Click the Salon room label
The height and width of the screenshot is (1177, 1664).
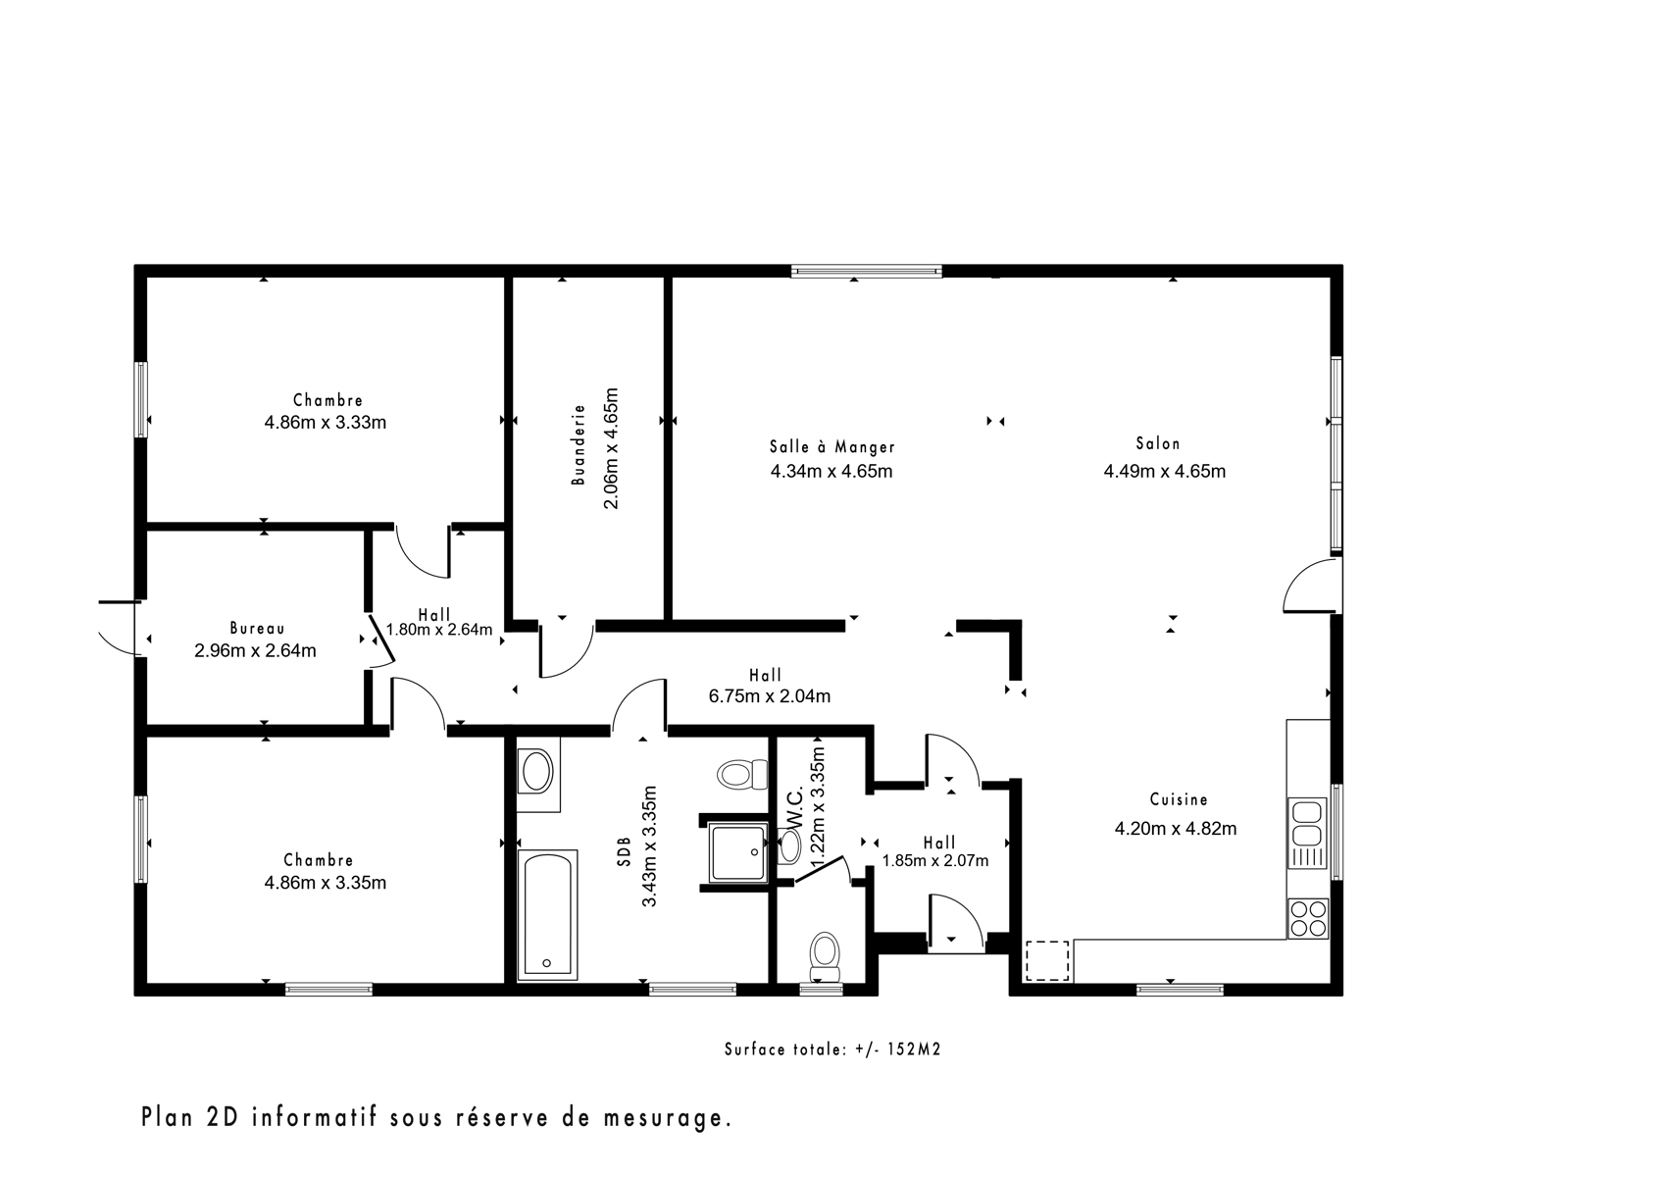(1157, 443)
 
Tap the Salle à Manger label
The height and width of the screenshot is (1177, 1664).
(832, 446)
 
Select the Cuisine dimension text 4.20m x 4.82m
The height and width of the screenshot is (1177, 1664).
(1176, 829)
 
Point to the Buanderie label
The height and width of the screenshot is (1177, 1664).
(578, 444)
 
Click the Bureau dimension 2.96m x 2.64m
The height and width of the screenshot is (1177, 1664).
(255, 651)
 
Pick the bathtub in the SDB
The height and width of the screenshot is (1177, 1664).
(547, 915)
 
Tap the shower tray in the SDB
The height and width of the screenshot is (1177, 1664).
(737, 852)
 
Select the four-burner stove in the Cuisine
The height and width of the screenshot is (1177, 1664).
(1307, 918)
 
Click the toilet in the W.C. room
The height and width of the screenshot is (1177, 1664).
(824, 958)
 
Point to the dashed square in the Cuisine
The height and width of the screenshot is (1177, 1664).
(1046, 961)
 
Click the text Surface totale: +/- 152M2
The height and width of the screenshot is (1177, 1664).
(832, 1049)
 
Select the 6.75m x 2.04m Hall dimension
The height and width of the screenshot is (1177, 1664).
(770, 696)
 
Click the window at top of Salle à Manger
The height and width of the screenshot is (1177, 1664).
(866, 272)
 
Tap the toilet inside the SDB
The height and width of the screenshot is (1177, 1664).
(742, 774)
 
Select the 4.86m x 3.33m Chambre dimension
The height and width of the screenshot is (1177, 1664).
(326, 423)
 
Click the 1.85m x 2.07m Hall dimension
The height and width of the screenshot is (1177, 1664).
(935, 860)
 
